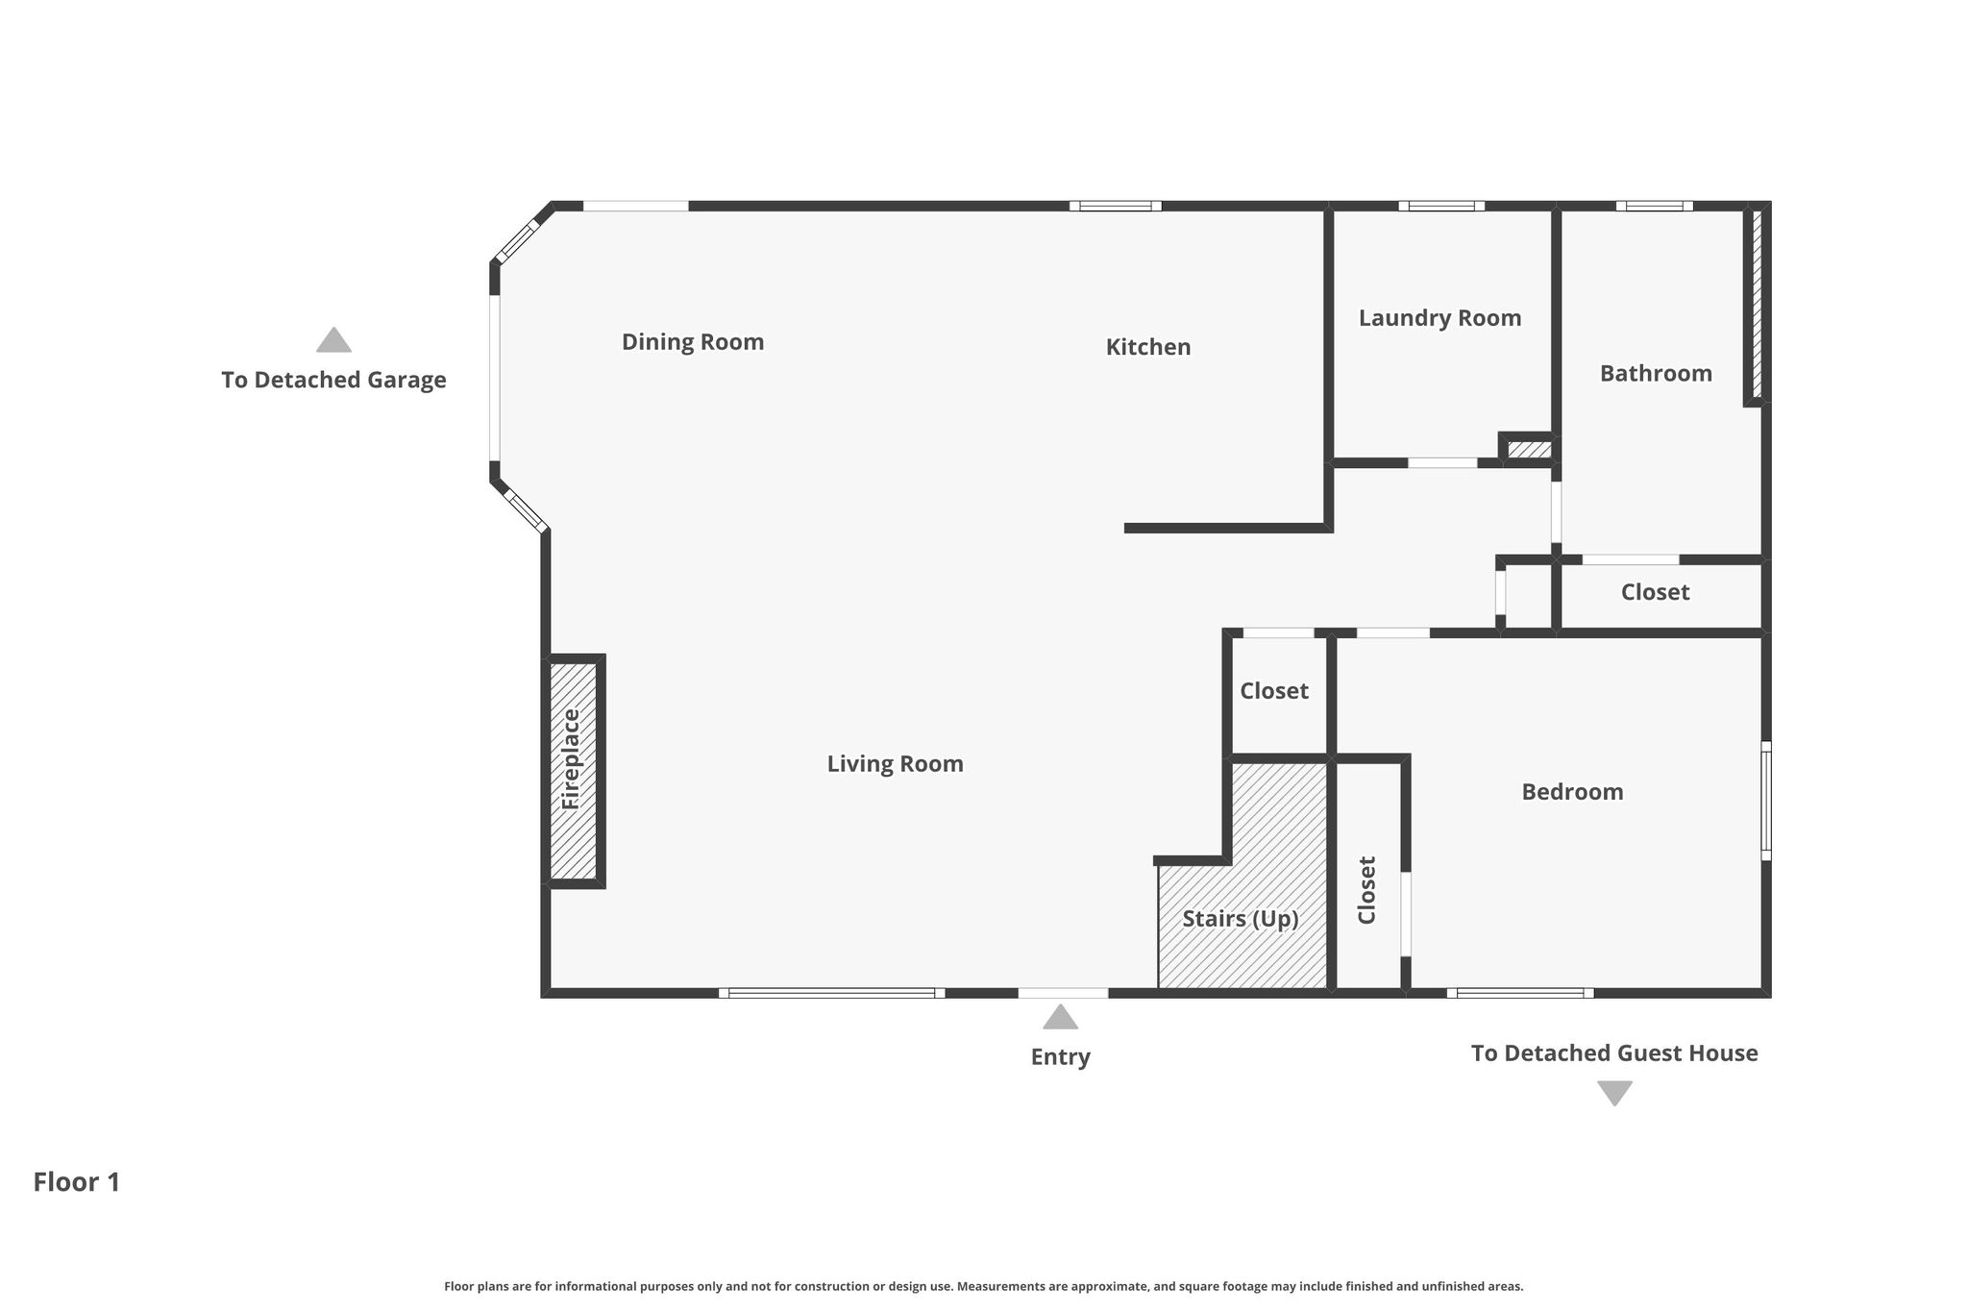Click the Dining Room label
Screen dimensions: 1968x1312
pos(693,342)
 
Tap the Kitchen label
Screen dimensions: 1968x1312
pos(1148,347)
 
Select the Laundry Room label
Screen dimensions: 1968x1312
pos(1439,318)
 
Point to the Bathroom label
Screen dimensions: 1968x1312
pos(1656,373)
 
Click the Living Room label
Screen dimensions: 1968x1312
pos(895,764)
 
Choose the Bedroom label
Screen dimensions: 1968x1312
pos(1572,792)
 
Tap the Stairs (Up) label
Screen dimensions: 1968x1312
pos(1241,919)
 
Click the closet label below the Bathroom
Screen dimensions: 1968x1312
pos(1655,592)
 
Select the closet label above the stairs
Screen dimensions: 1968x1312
pos(1274,691)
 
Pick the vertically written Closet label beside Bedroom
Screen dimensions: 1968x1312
pos(1366,890)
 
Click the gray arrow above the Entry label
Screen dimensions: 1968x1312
pos(1060,1017)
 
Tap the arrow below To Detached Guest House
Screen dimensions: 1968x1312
pos(1614,1094)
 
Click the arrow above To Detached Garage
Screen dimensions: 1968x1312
pos(333,339)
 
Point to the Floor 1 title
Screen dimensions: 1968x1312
pos(77,1182)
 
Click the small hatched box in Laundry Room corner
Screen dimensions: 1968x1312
pos(1529,449)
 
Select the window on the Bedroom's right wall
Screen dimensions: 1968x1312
pos(1766,801)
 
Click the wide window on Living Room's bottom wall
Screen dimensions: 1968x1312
pos(831,993)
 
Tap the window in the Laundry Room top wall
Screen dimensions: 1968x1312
pos(1441,206)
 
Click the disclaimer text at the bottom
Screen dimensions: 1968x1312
pos(984,1286)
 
